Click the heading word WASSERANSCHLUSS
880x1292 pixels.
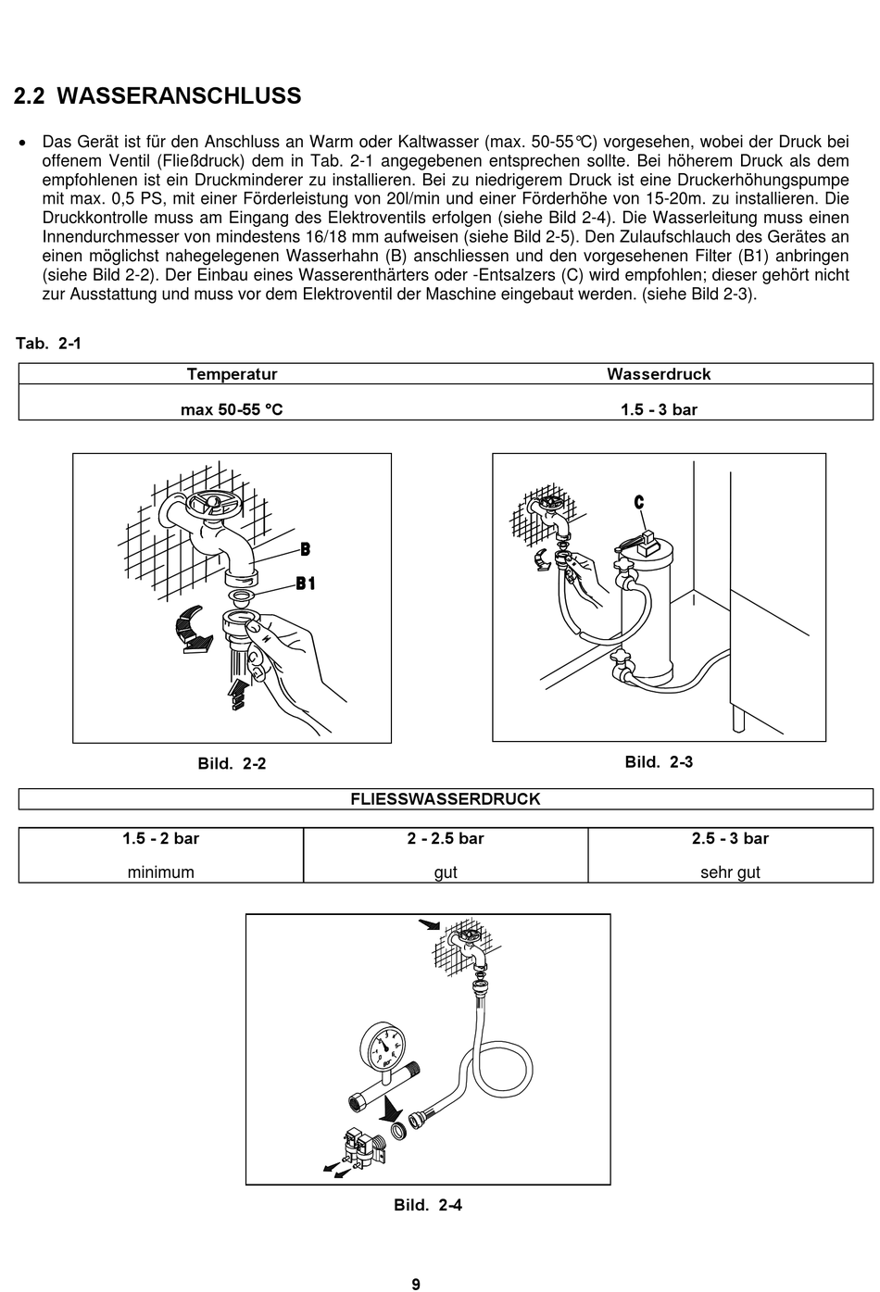click(x=179, y=96)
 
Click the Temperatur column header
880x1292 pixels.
click(x=232, y=374)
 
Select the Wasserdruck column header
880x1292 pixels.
click(x=659, y=374)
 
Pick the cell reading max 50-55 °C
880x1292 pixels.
click(x=232, y=409)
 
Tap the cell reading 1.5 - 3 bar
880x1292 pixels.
click(x=659, y=409)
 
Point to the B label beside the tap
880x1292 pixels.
click(x=305, y=550)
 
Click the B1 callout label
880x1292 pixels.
click(x=306, y=583)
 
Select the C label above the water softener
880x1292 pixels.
click(x=639, y=503)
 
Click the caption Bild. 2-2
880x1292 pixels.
click(x=232, y=764)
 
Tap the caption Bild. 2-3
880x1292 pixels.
click(x=659, y=762)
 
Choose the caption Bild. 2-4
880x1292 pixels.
click(x=428, y=1205)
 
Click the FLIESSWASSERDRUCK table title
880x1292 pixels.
click(x=446, y=798)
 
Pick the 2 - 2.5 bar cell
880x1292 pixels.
click(x=446, y=838)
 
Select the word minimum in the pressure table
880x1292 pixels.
click(x=161, y=872)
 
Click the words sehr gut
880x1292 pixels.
click(x=730, y=872)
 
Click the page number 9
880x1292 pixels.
click(x=416, y=1284)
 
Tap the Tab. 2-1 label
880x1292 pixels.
click(x=48, y=344)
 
